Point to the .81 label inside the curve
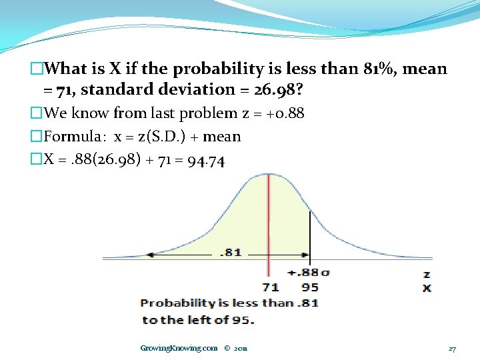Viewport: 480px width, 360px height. tap(231, 253)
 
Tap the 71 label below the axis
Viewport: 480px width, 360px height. tap(269, 288)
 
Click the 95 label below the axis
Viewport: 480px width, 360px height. tap(310, 288)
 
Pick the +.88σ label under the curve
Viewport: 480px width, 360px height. tap(308, 273)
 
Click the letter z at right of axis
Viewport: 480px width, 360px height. tap(427, 274)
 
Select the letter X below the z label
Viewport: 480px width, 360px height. tap(427, 288)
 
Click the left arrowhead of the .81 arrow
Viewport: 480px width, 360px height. tap(151, 254)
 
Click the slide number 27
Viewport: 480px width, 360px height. tap(452, 349)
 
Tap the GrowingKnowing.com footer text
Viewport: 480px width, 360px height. tap(179, 348)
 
